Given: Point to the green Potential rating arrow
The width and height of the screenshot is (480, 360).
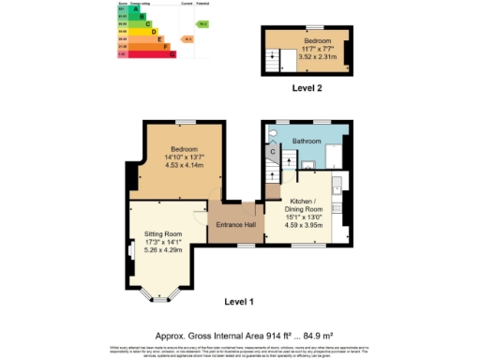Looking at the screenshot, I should [202, 23].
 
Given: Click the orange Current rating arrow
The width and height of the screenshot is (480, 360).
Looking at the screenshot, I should [188, 39].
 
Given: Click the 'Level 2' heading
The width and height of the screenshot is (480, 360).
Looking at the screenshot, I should [307, 88].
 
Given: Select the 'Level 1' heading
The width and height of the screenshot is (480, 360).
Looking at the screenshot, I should [240, 301].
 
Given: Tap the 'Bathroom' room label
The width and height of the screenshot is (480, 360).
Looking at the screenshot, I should [307, 142].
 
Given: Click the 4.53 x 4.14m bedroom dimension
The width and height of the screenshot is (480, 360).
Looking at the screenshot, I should [184, 166].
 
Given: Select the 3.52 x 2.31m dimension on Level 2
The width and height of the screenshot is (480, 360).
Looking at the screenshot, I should [309, 57].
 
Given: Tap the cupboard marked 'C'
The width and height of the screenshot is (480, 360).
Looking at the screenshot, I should [272, 151].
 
